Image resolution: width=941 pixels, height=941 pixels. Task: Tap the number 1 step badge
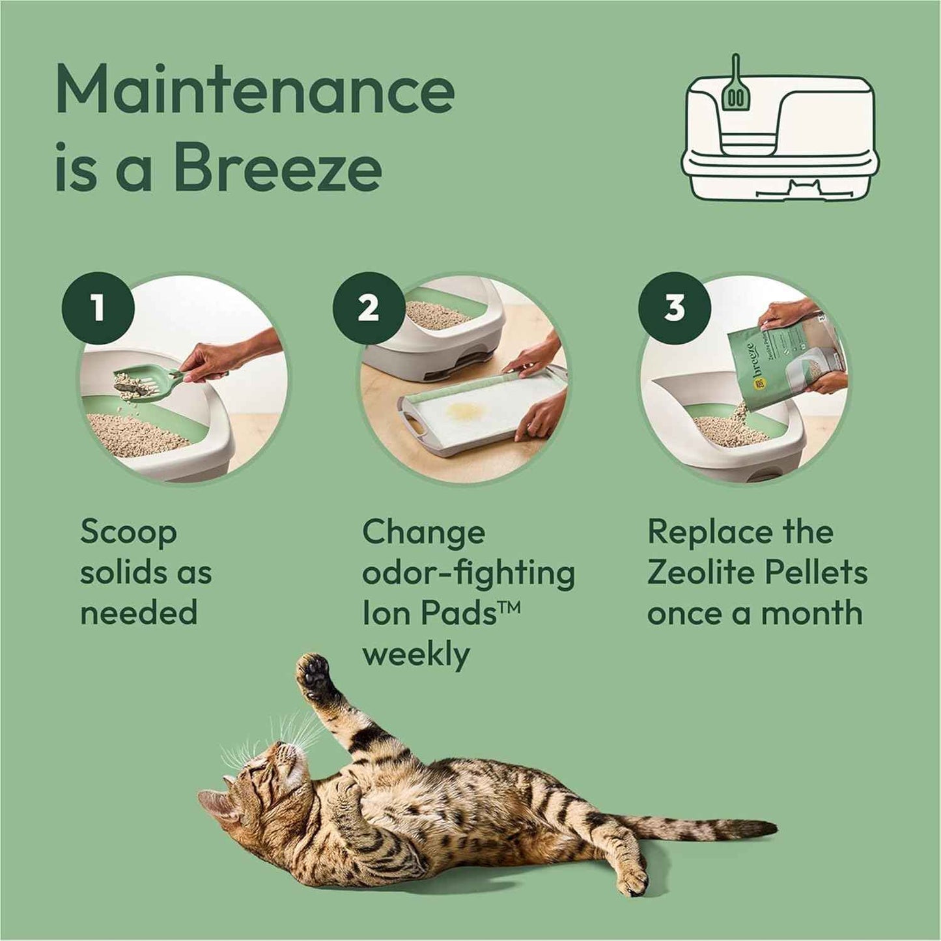tap(98, 307)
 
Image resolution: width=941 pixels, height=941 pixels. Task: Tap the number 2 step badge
tap(369, 307)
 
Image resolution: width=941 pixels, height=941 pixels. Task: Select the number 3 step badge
tap(674, 307)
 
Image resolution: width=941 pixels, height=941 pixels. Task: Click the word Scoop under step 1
tap(128, 533)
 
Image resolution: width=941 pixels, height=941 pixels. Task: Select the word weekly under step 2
tap(415, 654)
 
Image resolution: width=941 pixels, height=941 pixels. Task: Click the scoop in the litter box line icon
tap(735, 91)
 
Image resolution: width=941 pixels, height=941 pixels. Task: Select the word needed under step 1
tap(139, 613)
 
